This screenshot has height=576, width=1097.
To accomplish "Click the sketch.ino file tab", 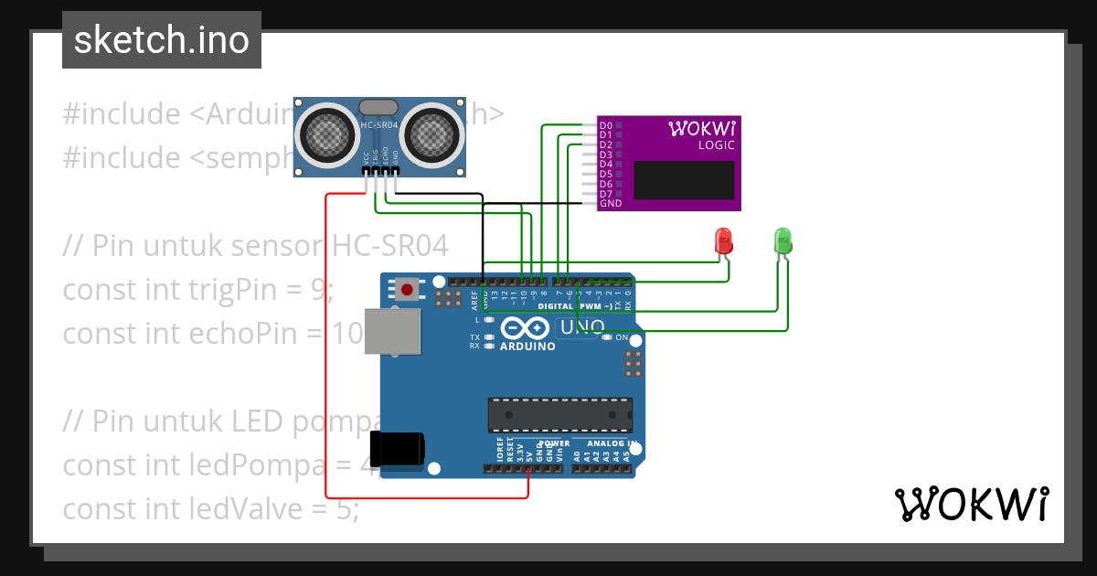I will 161,40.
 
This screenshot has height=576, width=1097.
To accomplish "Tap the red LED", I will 723,241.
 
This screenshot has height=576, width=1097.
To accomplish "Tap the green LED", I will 783,240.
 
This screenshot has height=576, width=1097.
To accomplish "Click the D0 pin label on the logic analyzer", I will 605,125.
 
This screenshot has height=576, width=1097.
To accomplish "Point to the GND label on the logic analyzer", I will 610,204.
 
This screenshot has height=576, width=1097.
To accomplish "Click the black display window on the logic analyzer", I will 684,180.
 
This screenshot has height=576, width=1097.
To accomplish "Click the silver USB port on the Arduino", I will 393,330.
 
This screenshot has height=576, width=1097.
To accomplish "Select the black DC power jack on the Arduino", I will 401,448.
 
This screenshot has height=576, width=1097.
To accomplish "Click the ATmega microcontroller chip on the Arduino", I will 559,414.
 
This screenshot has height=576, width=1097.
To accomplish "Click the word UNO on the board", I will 581,327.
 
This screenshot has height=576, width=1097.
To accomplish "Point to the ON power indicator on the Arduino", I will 622,337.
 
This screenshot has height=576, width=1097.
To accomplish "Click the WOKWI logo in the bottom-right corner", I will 971,504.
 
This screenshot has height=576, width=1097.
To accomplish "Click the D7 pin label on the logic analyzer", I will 605,194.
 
